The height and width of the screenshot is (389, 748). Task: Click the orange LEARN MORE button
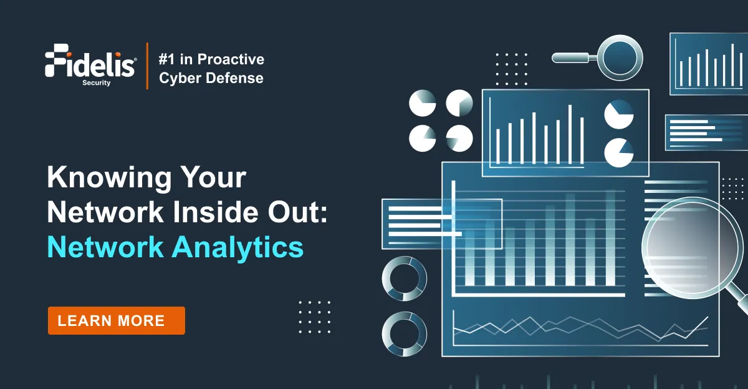pos(116,320)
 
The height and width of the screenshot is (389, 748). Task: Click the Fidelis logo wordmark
pos(90,64)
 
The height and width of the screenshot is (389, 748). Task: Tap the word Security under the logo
pos(97,82)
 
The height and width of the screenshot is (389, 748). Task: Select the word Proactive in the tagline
pos(231,59)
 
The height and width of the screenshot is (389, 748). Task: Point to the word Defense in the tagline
pos(234,78)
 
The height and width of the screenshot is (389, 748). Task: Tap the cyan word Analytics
pos(237,248)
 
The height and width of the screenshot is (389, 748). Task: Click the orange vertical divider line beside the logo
pos(147,66)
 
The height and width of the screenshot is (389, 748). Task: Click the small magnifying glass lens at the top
pos(620,57)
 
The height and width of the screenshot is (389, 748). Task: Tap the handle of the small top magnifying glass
pos(574,57)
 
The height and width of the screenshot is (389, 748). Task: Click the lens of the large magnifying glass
pos(693,247)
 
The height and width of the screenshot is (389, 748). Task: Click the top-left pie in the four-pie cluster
pos(423,103)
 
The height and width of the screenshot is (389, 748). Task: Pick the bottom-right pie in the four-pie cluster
pos(459,139)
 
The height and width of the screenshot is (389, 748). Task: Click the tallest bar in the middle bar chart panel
pos(570,134)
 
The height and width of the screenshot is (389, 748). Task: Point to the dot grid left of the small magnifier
pos(511,69)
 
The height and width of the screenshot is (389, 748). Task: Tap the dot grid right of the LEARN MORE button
pos(315,317)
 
